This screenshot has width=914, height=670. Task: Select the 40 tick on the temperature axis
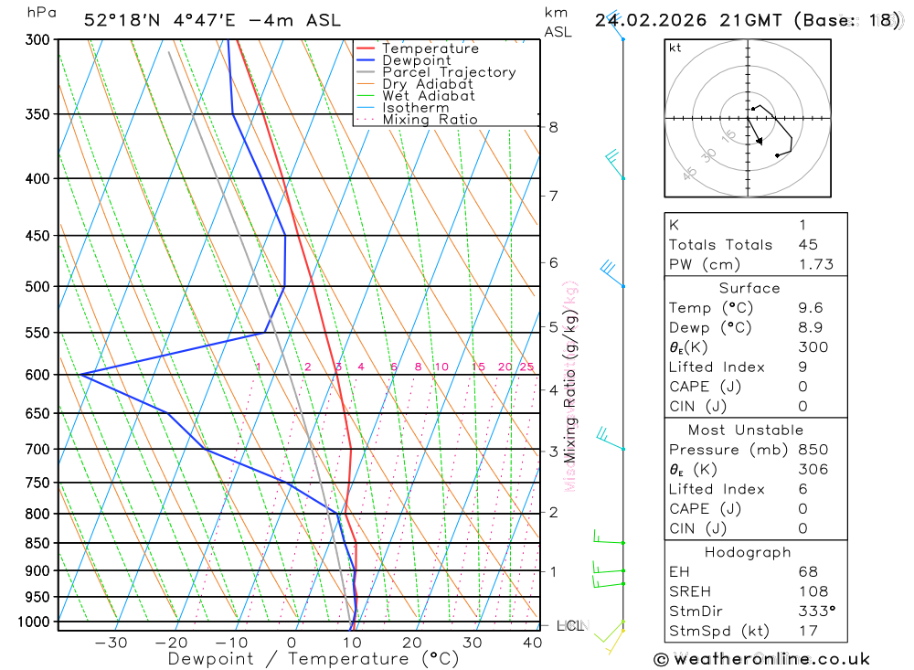pos(532,643)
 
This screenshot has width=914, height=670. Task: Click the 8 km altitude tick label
pos(553,127)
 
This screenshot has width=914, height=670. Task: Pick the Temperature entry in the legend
pos(430,48)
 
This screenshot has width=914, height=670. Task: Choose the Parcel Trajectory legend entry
pos(448,72)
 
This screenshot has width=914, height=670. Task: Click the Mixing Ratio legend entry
pos(430,120)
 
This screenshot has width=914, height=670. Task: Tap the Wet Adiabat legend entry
pos(428,96)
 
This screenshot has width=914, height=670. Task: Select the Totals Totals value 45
pos(808,244)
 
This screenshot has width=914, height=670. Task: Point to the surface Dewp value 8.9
pos(810,327)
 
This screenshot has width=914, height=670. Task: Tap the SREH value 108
pos(813,591)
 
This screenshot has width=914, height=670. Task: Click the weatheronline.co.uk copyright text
pos(761,659)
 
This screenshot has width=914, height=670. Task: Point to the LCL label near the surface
pos(569,626)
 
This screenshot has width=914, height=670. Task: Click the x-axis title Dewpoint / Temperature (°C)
pos(314,658)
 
